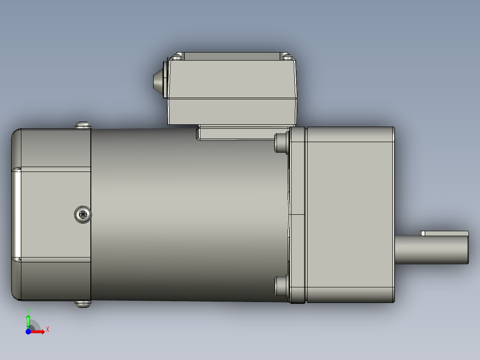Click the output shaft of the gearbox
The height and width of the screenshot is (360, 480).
pyautogui.click(x=430, y=250)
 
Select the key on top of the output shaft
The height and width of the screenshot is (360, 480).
pyautogui.click(x=445, y=233)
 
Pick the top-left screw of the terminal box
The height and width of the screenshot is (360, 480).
pyautogui.click(x=178, y=57)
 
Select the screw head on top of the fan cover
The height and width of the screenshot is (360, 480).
pyautogui.click(x=83, y=125)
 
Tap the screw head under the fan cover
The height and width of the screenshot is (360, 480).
pyautogui.click(x=83, y=304)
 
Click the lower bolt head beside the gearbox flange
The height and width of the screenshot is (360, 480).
pyautogui.click(x=281, y=286)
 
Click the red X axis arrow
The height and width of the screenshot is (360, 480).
pyautogui.click(x=39, y=331)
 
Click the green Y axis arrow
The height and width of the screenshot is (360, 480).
pyautogui.click(x=28, y=320)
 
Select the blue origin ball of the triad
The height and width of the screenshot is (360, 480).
pyautogui.click(x=28, y=331)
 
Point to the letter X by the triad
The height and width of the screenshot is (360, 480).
pyautogui.click(x=47, y=329)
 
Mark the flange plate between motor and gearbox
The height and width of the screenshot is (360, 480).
pyautogui.click(x=298, y=214)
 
